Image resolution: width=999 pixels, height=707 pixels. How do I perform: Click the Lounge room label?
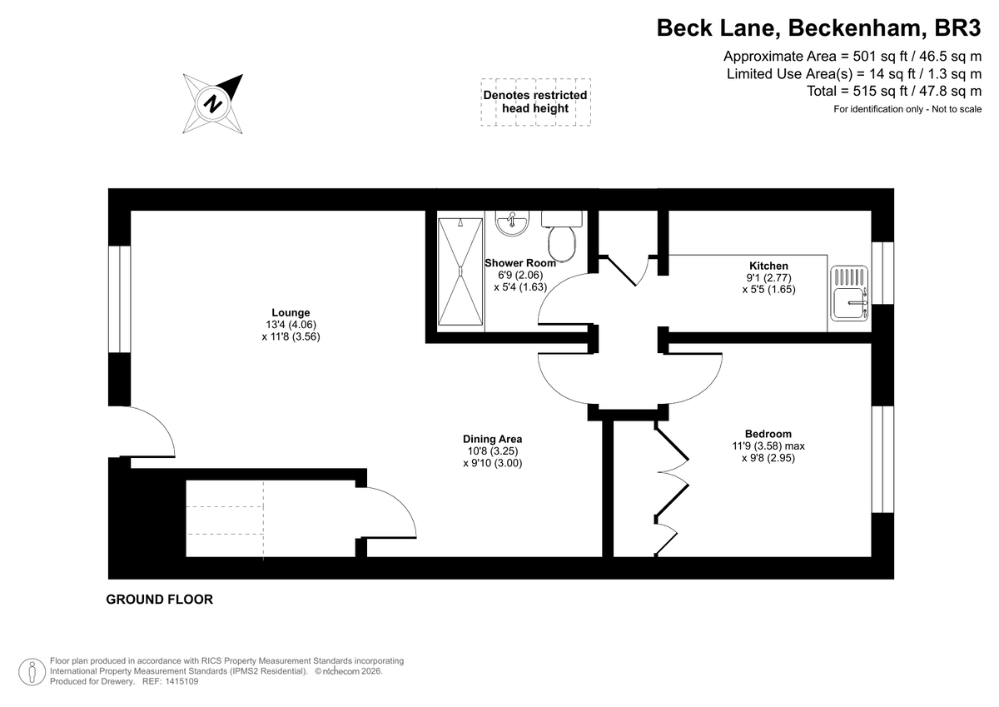290,313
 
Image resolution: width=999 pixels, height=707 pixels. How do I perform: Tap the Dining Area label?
492,439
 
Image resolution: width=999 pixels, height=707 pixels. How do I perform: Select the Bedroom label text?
768,434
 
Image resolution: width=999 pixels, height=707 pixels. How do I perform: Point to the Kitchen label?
768,266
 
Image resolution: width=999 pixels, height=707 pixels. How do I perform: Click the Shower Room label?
520,263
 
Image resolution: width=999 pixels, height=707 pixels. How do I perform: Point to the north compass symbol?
214,104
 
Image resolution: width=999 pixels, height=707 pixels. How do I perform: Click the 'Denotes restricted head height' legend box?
535,102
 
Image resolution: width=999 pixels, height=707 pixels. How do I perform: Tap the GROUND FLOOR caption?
159,600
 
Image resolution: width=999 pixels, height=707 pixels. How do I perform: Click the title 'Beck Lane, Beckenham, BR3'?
819,27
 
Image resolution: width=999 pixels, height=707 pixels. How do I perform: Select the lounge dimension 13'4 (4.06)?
290,326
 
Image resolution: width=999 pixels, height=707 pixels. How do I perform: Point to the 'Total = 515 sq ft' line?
894,91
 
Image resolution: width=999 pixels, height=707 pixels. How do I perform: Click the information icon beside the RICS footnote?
32,670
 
